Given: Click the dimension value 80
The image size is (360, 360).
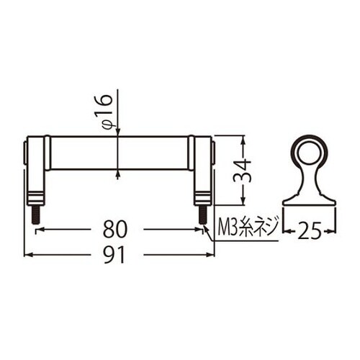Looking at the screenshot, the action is click(114, 229).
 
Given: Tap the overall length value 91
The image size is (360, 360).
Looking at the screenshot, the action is click(114, 255).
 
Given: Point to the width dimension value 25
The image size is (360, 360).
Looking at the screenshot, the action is click(310, 231).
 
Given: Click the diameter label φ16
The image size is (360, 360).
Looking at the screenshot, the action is click(105, 112).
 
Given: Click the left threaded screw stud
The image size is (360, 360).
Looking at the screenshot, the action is click(35, 215).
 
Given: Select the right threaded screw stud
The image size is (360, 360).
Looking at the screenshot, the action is click(203, 215).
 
